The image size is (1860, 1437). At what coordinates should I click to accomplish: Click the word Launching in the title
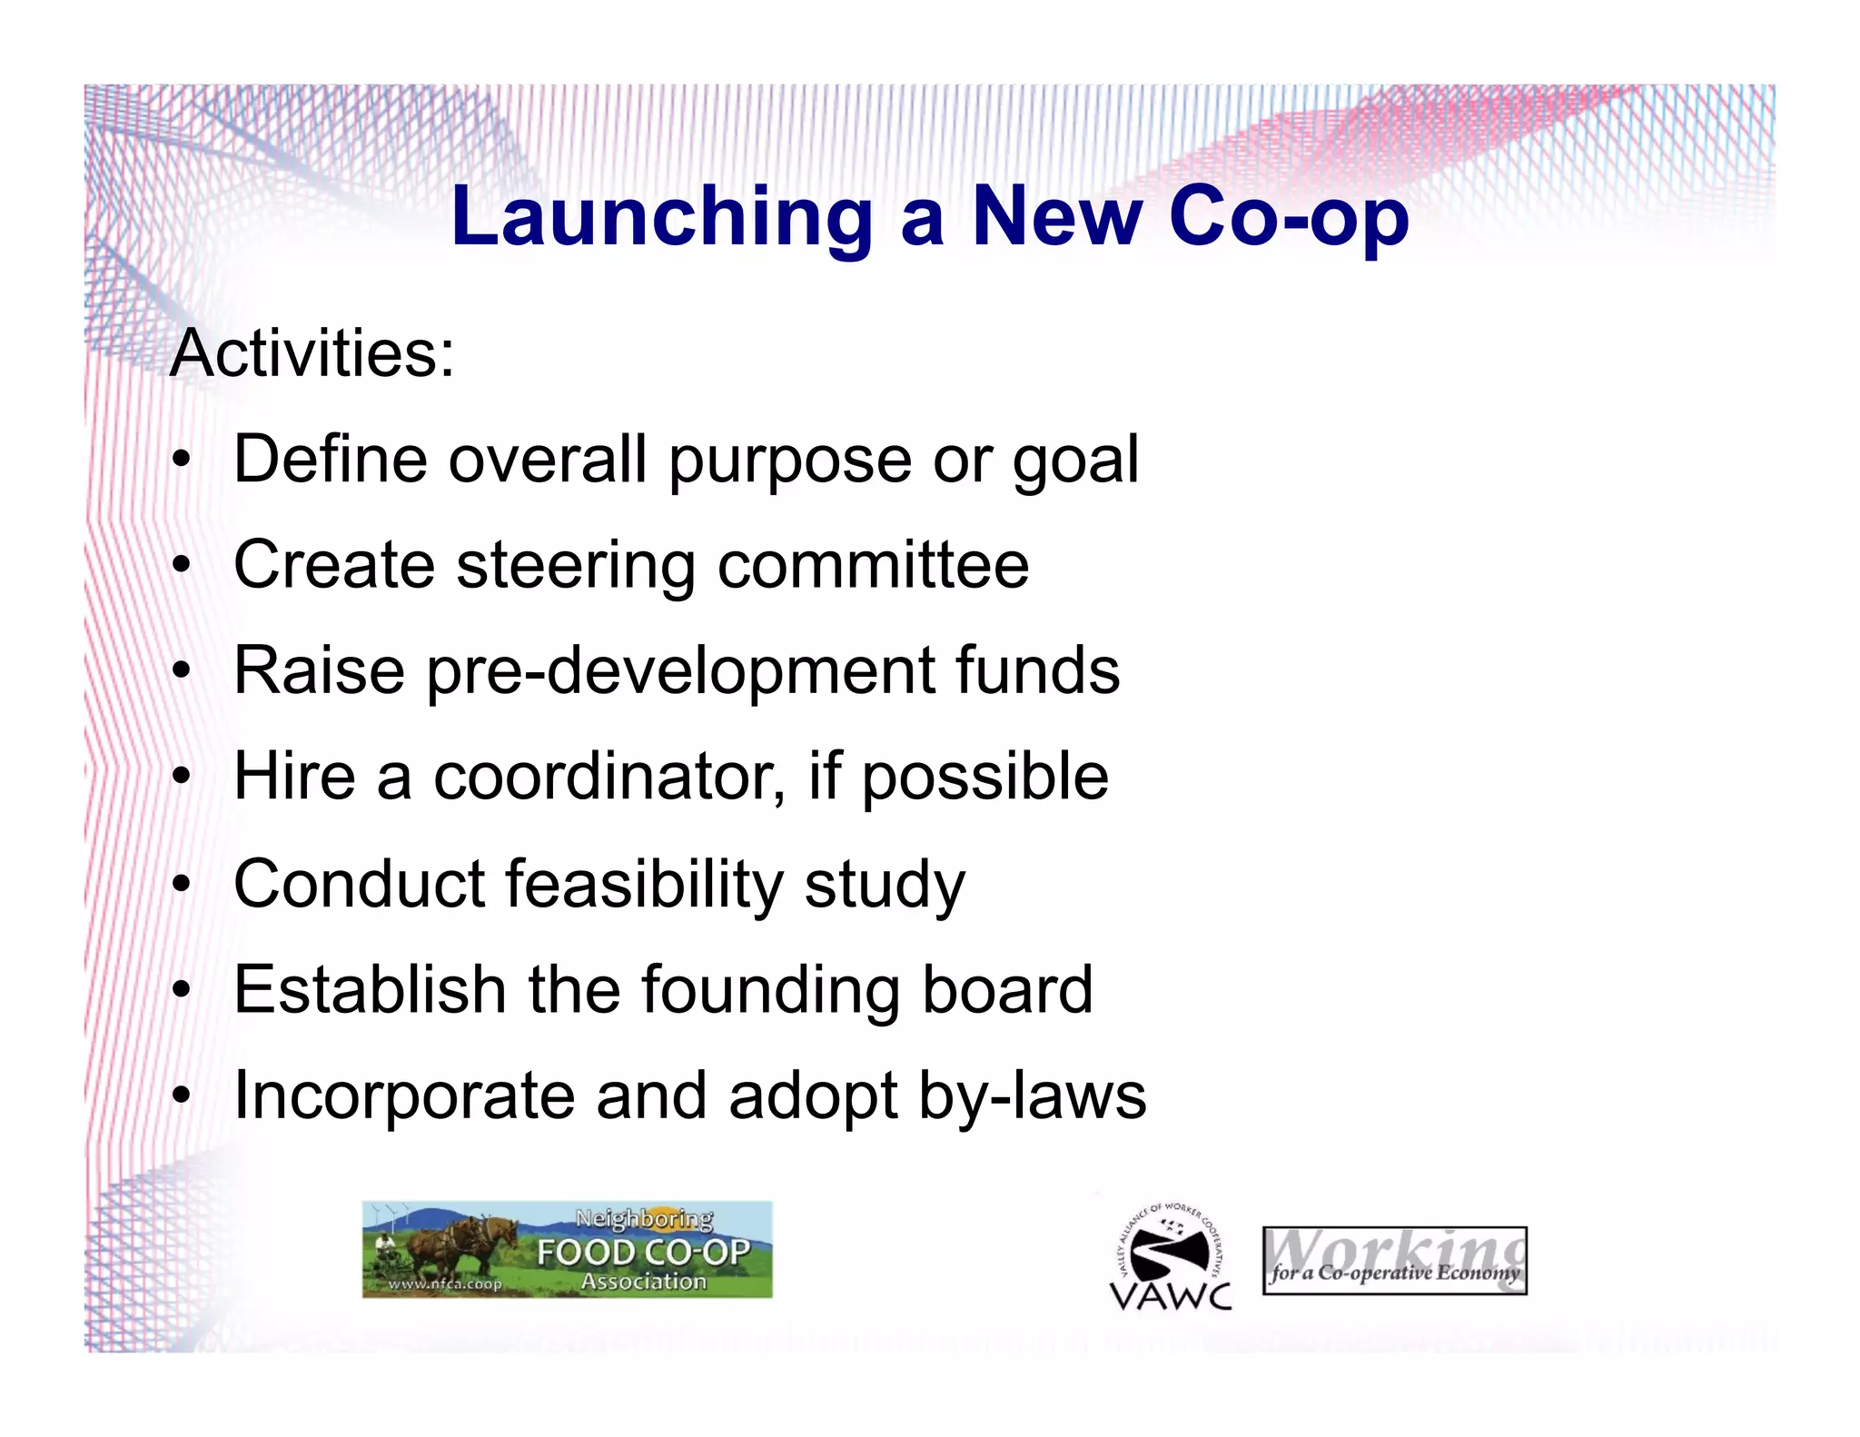(661, 218)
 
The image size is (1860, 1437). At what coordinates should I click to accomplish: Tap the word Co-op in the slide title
(1289, 218)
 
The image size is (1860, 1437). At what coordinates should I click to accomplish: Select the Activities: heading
(312, 353)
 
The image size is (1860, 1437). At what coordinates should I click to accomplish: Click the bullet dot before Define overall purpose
(183, 460)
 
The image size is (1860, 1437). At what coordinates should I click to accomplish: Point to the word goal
(1075, 461)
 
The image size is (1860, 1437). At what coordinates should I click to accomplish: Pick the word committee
(873, 565)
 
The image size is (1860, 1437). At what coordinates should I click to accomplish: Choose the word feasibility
(644, 885)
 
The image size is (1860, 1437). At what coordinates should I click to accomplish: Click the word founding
(770, 990)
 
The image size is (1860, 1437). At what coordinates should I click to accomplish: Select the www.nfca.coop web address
(445, 1284)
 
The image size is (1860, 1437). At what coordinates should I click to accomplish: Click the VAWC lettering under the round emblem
(1171, 1295)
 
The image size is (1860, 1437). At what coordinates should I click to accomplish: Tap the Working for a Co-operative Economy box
(1394, 1261)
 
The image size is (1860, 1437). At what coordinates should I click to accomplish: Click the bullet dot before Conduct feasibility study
(183, 884)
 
